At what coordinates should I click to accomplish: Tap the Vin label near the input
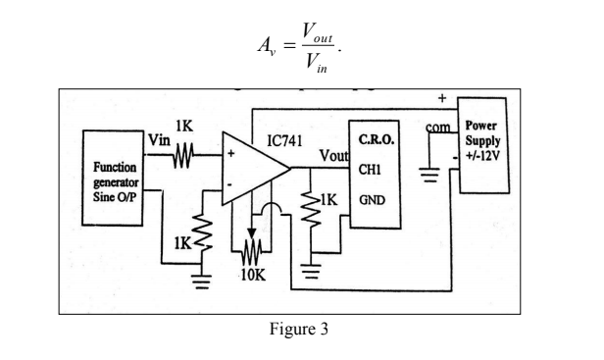coord(158,143)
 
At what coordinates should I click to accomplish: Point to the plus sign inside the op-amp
coord(232,155)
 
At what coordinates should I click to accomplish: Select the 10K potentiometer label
coord(253,275)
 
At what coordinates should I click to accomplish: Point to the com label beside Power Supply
coord(440,128)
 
